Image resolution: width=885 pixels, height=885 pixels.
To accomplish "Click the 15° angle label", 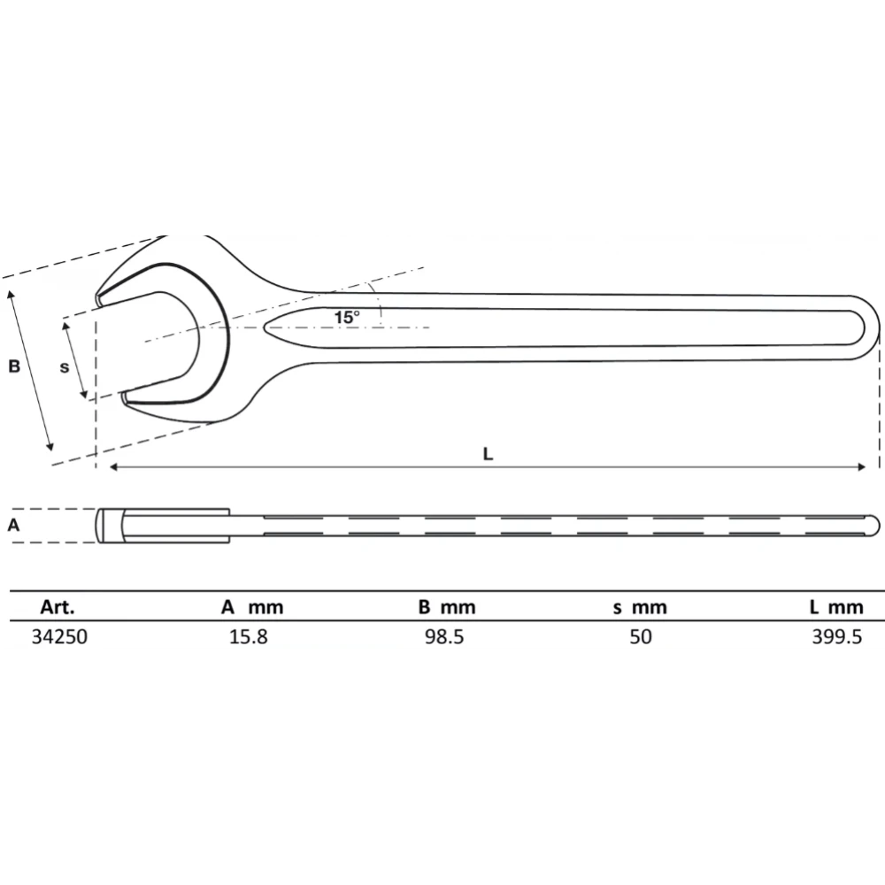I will pyautogui.click(x=347, y=316).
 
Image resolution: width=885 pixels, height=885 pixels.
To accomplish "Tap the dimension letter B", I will pyautogui.click(x=14, y=366).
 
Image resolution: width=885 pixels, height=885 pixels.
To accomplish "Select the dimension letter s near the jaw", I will pyautogui.click(x=64, y=366).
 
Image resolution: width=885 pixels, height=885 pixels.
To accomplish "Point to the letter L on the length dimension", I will pyautogui.click(x=488, y=453).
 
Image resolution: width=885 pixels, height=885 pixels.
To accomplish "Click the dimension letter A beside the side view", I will pyautogui.click(x=13, y=525).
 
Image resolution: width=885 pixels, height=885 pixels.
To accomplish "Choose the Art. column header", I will pyautogui.click(x=58, y=607).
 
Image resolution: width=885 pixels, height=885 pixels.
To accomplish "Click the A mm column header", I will pyautogui.click(x=252, y=607).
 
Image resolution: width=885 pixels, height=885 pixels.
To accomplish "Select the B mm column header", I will pyautogui.click(x=446, y=607).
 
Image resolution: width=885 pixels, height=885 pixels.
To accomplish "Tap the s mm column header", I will pyautogui.click(x=639, y=607).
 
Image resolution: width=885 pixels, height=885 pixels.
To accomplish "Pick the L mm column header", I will pyautogui.click(x=834, y=607).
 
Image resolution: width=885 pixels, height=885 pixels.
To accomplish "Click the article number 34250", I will pyautogui.click(x=58, y=636).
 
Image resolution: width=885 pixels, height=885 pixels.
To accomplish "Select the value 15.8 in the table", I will pyautogui.click(x=249, y=636).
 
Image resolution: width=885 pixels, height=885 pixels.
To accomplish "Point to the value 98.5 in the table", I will pyautogui.click(x=444, y=636).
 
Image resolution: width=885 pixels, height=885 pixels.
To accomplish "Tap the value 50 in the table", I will pyautogui.click(x=640, y=636).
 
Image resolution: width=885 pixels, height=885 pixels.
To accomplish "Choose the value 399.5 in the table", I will pyautogui.click(x=836, y=636).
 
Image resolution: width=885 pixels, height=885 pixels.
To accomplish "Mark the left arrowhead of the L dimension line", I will pyautogui.click(x=113, y=467).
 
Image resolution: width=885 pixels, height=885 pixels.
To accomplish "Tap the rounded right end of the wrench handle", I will pyautogui.click(x=877, y=328).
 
